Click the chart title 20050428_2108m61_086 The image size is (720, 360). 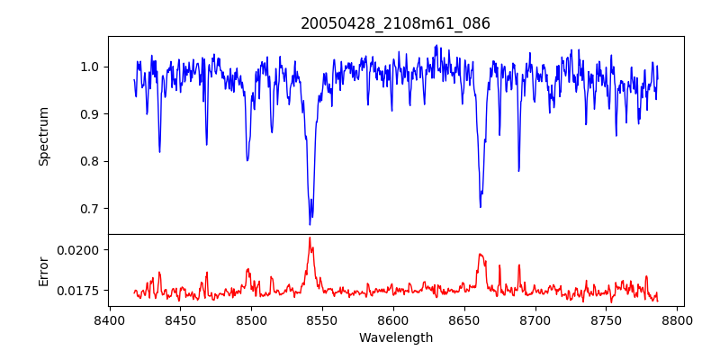point(395,23)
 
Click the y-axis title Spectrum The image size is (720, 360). point(43,136)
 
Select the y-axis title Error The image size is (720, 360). point(43,270)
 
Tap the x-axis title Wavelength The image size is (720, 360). point(395,338)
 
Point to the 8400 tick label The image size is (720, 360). point(109,319)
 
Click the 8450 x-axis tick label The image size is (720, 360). point(180,319)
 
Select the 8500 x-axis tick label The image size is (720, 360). point(251,319)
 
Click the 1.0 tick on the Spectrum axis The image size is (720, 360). point(90,67)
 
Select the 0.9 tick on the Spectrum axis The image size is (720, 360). point(90,114)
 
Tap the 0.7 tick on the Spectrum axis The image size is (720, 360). point(90,209)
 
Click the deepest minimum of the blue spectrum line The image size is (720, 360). point(310,224)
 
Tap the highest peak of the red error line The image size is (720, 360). point(310,238)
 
